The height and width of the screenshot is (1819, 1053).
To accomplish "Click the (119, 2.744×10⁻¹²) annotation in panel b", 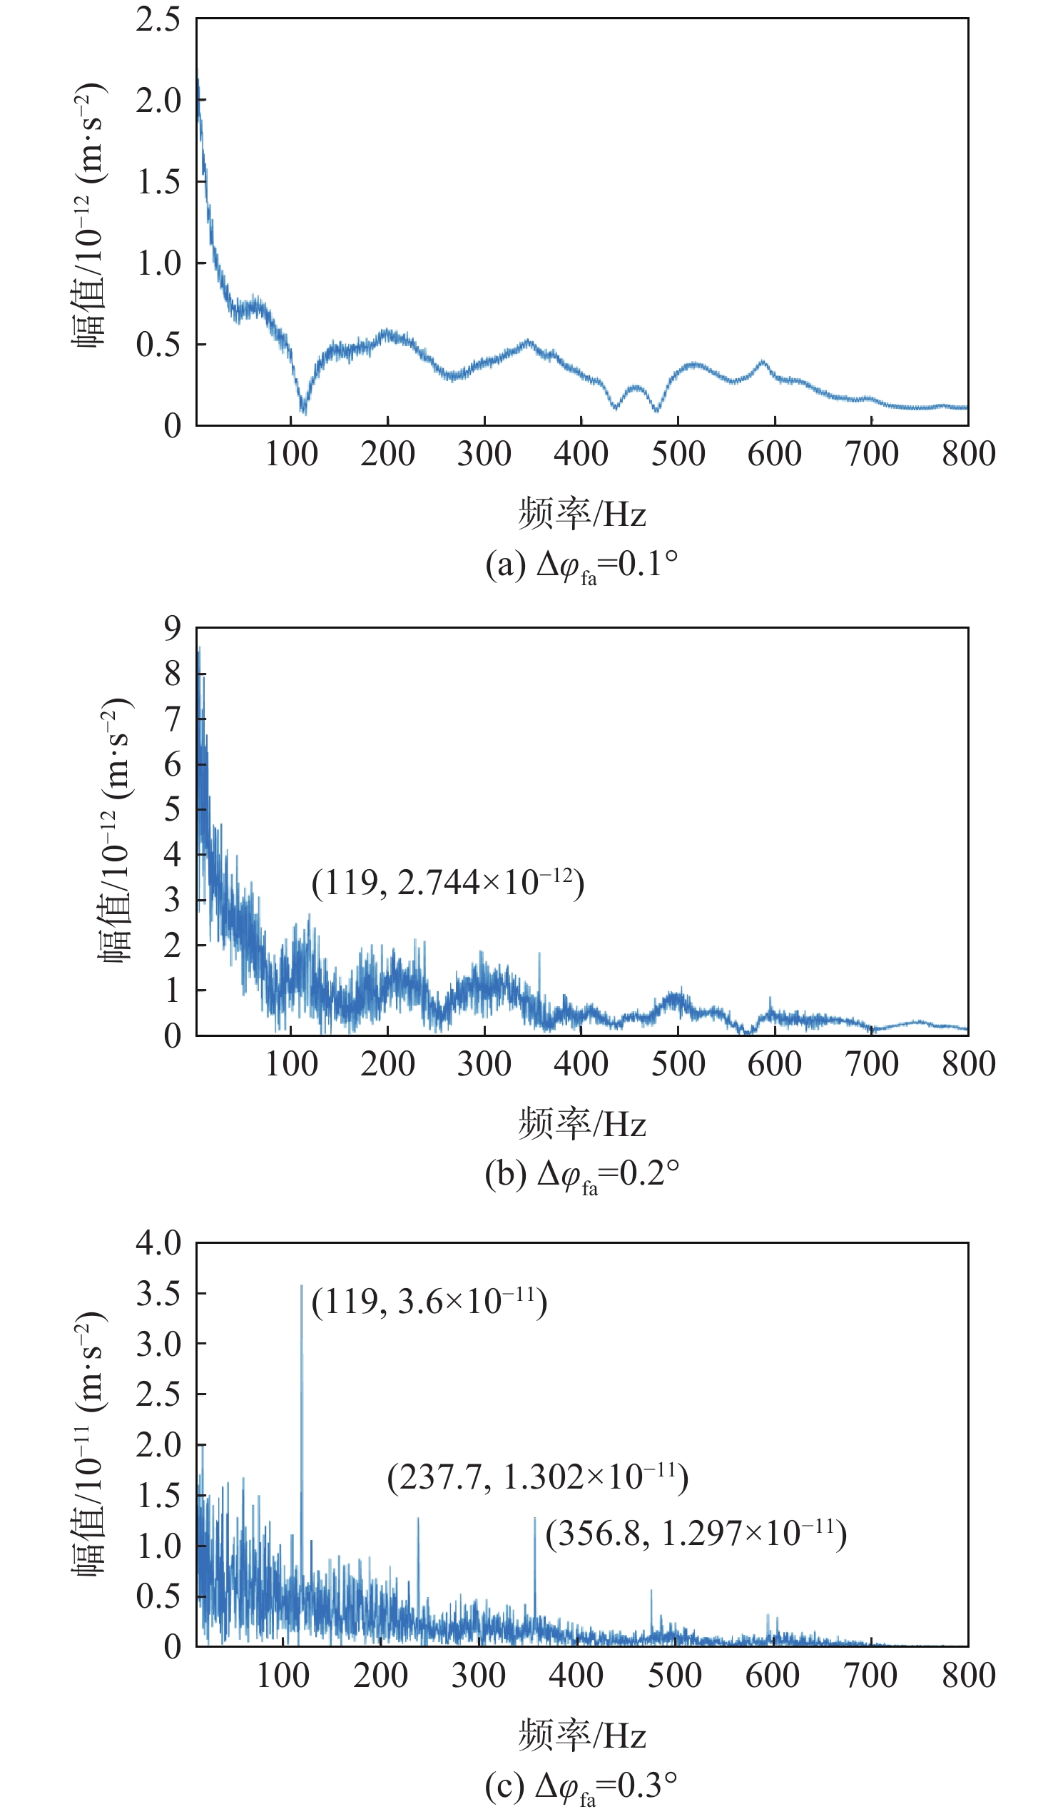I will (x=447, y=883).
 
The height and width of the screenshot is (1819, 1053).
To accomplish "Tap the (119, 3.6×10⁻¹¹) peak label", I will (x=429, y=1302).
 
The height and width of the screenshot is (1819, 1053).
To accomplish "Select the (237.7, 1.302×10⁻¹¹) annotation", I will (x=538, y=1477).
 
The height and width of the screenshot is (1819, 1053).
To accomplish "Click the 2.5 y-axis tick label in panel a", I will (x=158, y=19).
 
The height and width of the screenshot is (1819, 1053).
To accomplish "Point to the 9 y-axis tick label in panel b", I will (x=172, y=628).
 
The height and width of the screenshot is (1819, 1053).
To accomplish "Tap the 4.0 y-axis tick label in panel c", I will (x=158, y=1243).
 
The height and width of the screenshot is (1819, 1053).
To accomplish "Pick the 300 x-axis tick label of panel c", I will (x=478, y=1676).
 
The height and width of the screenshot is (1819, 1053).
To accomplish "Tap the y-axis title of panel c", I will (x=90, y=1444).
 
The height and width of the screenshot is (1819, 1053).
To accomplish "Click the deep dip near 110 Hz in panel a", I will (x=303, y=411).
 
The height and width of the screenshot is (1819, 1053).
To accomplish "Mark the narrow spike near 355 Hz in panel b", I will (x=539, y=954).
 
